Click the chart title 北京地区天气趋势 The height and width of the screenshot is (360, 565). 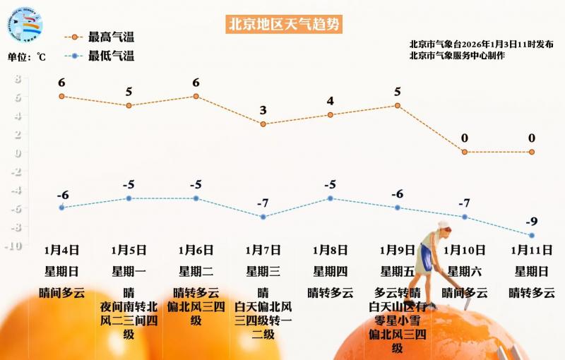(283, 24)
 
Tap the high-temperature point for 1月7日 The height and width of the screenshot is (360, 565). (263, 124)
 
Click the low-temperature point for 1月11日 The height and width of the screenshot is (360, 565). (532, 236)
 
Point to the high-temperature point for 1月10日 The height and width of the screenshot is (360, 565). (464, 152)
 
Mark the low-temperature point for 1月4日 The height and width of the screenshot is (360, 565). (61, 208)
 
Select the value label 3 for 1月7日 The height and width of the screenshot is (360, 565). (263, 110)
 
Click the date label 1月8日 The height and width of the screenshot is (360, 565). (330, 250)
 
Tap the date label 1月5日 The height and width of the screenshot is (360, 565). (129, 250)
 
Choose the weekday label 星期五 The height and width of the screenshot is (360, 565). (398, 271)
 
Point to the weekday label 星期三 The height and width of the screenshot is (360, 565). (263, 271)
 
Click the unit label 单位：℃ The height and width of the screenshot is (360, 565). (27, 57)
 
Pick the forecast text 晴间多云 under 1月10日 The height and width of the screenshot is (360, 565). (464, 293)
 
